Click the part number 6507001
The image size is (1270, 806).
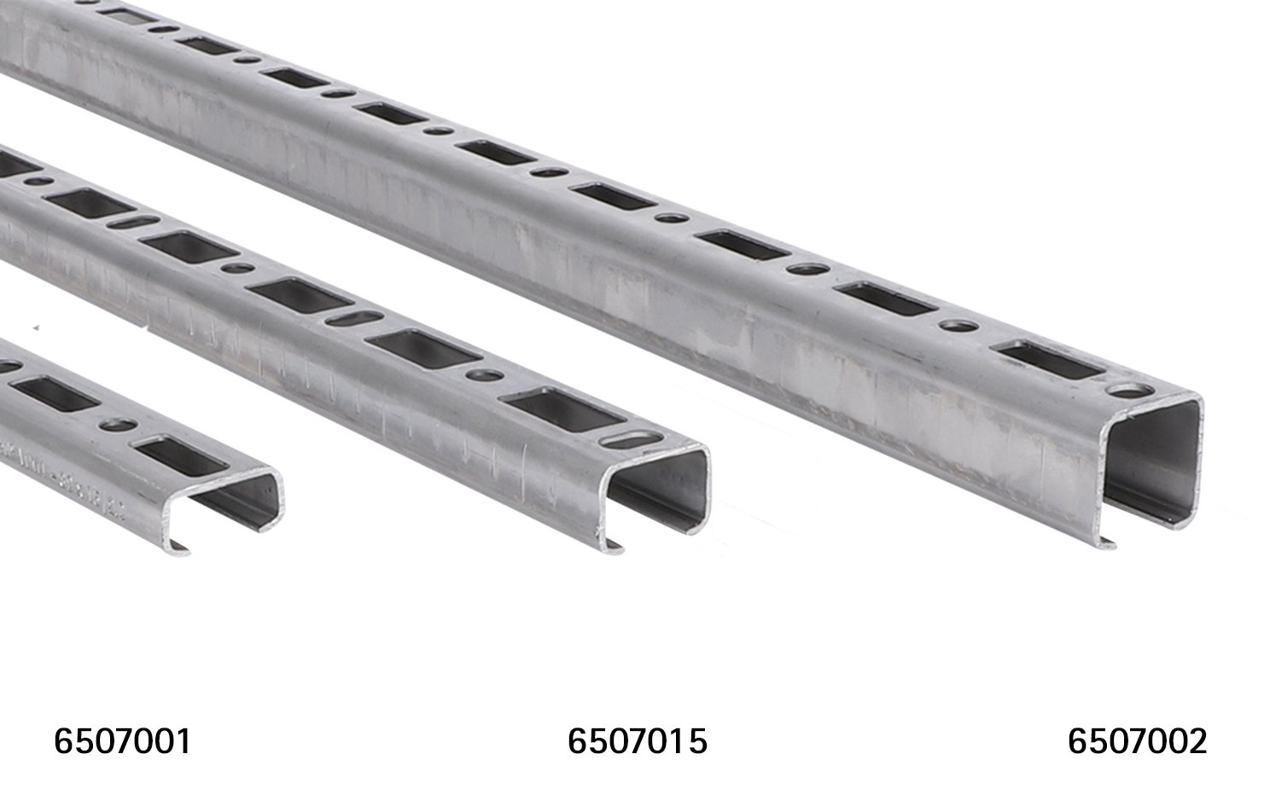pyautogui.click(x=122, y=741)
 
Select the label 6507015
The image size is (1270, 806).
pyautogui.click(x=637, y=741)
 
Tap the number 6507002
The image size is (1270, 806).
pyautogui.click(x=1137, y=741)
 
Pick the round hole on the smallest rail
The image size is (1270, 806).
pyautogui.click(x=118, y=424)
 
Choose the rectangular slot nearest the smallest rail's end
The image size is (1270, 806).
pyautogui.click(x=181, y=455)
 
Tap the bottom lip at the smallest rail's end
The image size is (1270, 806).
pyautogui.click(x=178, y=547)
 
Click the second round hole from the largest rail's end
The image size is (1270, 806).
pyautogui.click(x=959, y=326)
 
